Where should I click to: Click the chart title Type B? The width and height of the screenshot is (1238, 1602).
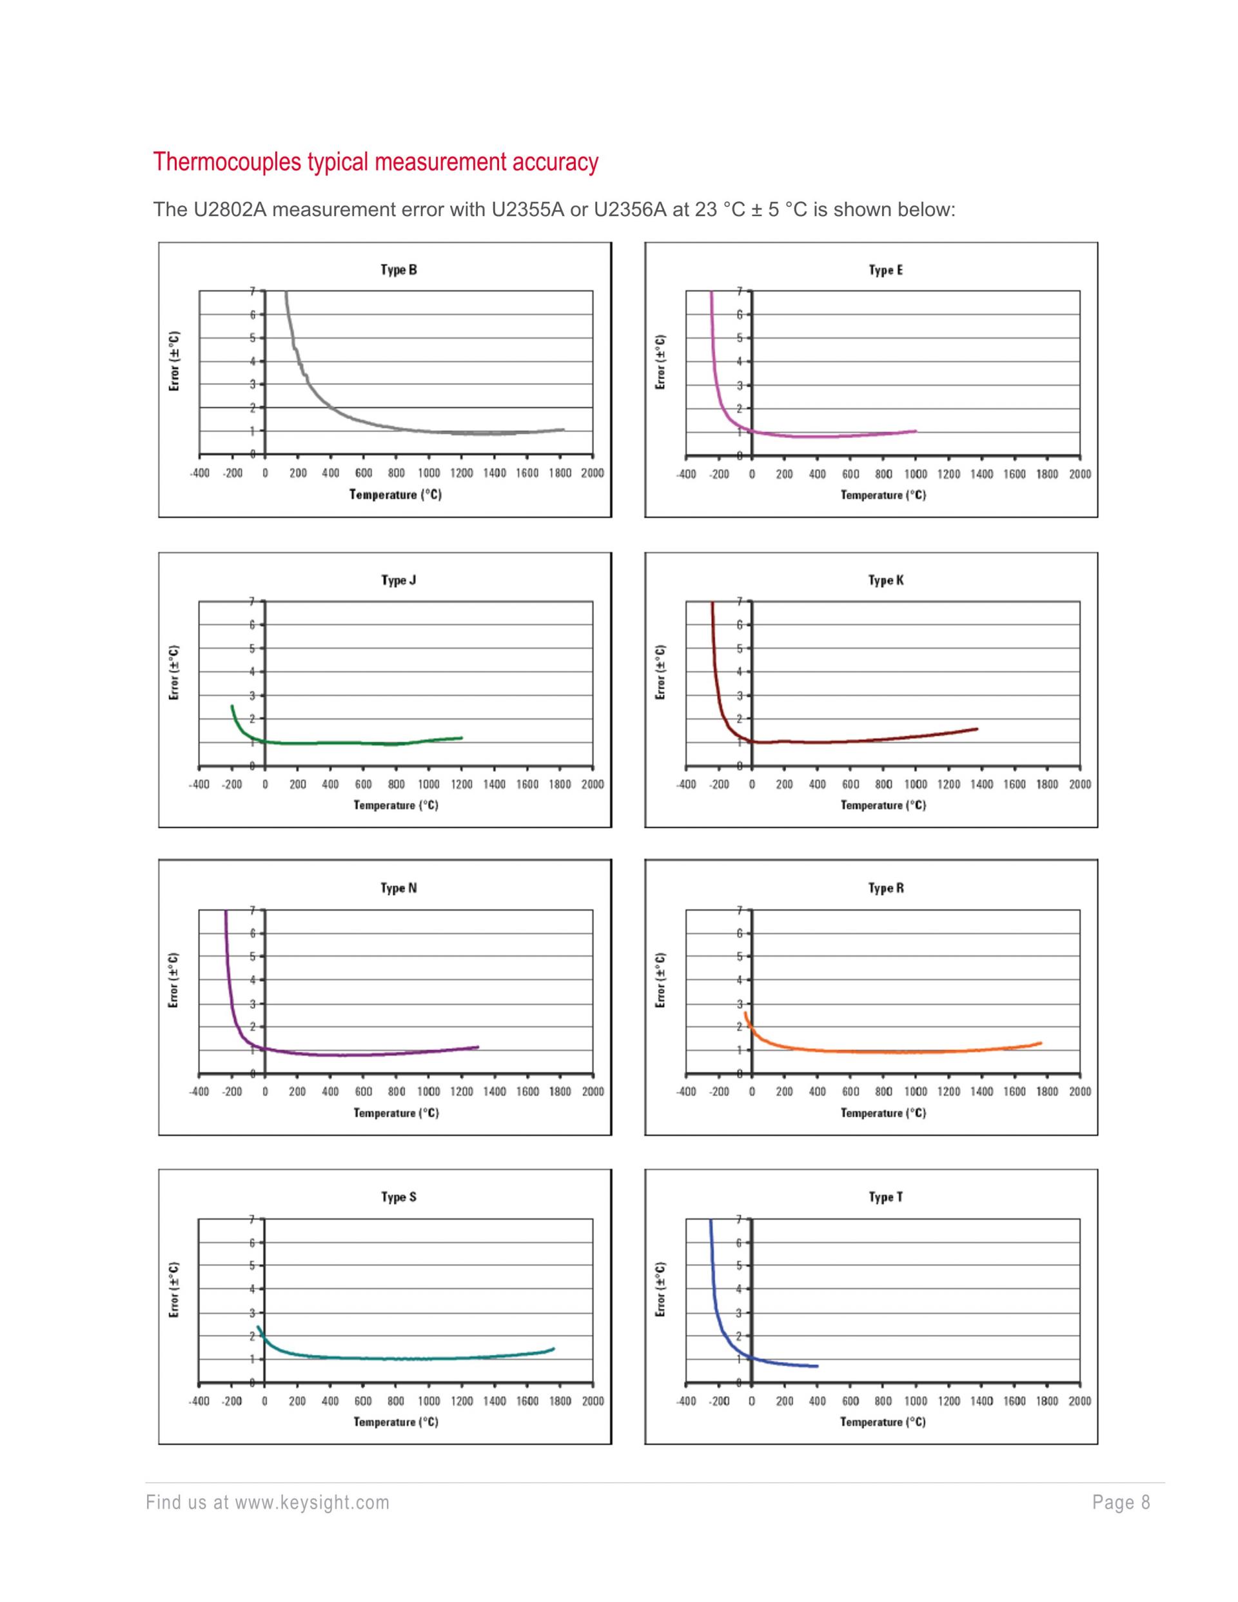click(x=398, y=270)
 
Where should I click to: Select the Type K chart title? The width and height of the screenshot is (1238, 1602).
click(x=886, y=580)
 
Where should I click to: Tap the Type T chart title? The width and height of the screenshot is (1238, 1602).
click(x=886, y=1197)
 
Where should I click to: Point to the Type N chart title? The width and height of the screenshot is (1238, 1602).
click(x=398, y=888)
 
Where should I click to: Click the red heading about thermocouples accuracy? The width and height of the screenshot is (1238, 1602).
click(x=375, y=162)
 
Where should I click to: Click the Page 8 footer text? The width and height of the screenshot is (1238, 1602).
click(x=1121, y=1503)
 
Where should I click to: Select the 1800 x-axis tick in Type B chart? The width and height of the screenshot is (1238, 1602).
click(x=560, y=473)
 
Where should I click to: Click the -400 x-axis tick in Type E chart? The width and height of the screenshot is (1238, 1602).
click(x=686, y=474)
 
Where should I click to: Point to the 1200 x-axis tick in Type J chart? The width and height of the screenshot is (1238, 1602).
click(x=461, y=784)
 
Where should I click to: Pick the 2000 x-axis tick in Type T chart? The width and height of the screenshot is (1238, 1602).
click(x=1079, y=1401)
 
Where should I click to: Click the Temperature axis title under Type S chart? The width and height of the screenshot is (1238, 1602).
click(x=396, y=1422)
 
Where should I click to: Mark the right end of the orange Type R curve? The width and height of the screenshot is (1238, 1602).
click(x=1040, y=1043)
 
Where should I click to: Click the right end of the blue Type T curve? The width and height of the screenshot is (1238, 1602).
click(x=816, y=1366)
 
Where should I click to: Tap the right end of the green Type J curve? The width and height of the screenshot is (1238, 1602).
click(x=461, y=738)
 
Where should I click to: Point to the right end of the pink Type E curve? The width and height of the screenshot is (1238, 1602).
click(x=916, y=431)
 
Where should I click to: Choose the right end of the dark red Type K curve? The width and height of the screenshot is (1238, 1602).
click(x=977, y=728)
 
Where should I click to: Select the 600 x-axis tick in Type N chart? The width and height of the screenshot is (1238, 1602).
click(x=364, y=1091)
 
